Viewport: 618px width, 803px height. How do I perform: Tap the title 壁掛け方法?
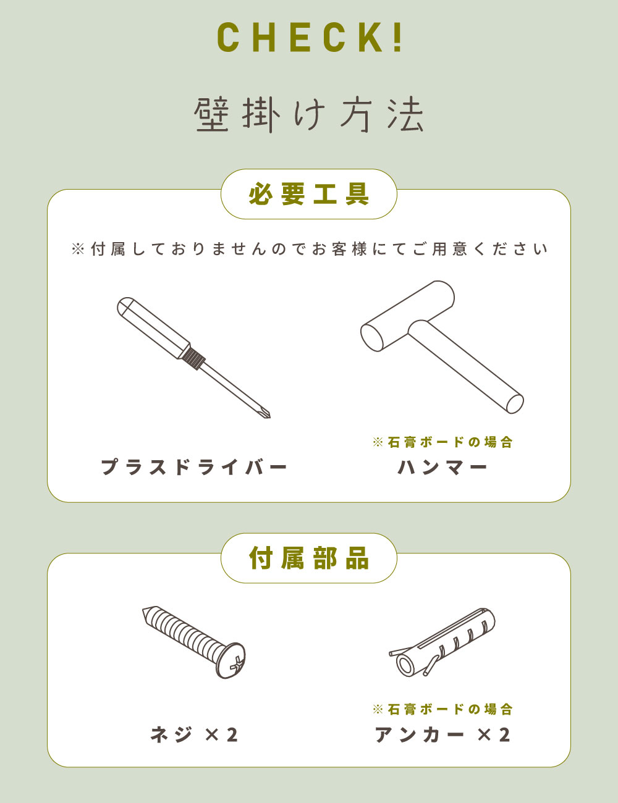309,115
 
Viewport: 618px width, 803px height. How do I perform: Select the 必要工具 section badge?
309,194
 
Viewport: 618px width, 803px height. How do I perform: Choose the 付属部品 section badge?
309,558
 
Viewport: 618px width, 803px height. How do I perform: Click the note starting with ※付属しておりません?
309,249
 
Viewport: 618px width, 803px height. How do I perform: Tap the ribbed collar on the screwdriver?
193,357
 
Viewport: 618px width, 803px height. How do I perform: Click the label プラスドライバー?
194,467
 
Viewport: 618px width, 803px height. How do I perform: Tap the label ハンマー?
442,467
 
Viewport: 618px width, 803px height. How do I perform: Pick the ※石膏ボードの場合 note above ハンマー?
442,442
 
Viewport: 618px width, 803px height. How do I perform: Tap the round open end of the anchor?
405,666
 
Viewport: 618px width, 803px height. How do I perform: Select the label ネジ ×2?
194,734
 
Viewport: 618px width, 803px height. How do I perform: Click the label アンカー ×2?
442,734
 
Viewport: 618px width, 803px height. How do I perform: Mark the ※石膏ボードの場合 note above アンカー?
442,709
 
